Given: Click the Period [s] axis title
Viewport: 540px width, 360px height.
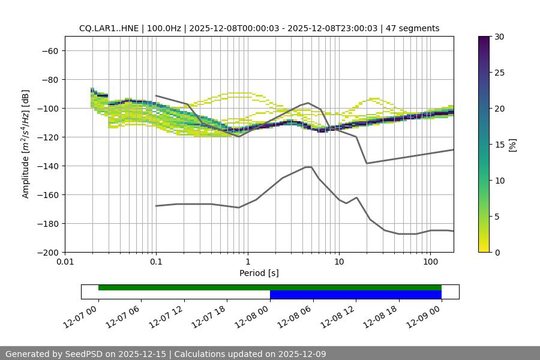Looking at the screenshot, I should pyautogui.click(x=259, y=274).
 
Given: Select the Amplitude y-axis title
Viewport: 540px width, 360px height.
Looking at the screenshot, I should pyautogui.click(x=26, y=145).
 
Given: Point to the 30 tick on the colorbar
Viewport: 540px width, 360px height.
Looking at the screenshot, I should pyautogui.click(x=499, y=37).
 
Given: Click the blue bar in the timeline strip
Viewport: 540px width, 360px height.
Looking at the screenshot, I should pyautogui.click(x=355, y=295).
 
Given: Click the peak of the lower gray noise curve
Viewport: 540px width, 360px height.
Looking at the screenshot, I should pyautogui.click(x=308, y=167).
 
